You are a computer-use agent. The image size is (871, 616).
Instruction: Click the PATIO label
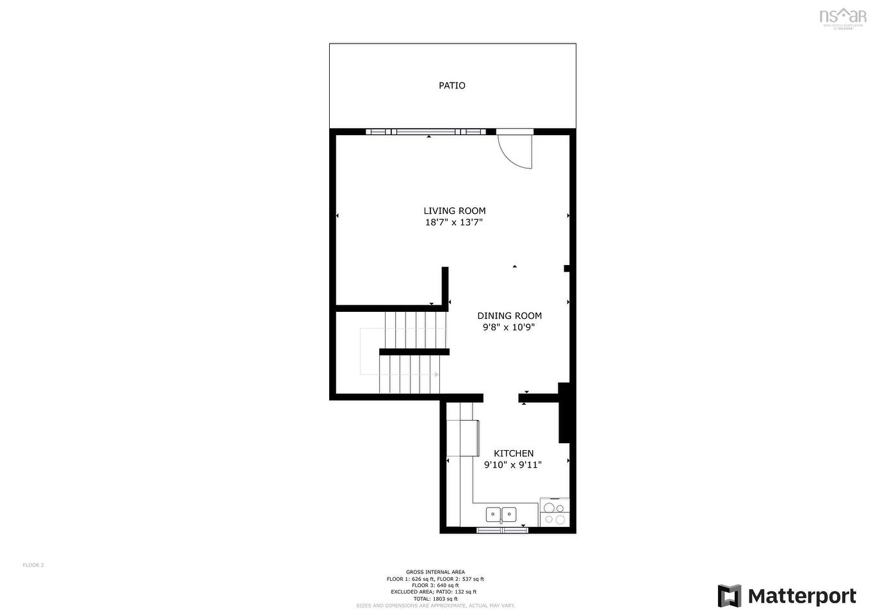pos(452,86)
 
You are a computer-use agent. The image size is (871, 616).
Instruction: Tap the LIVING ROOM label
pos(454,211)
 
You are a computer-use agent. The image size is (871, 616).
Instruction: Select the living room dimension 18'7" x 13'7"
pos(453,223)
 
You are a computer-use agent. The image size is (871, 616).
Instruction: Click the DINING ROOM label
pos(509,316)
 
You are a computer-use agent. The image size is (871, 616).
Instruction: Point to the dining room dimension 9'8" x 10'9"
pos(509,328)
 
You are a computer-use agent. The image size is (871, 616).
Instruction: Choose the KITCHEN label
pos(513,453)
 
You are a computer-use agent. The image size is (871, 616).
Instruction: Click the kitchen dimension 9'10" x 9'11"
pos(512,466)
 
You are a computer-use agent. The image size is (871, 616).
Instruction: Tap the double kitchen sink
pos(501,514)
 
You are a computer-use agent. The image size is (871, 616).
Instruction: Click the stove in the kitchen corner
pos(554,512)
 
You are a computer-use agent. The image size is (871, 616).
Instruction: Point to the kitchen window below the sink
pos(502,530)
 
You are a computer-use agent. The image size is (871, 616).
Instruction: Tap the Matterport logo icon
pos(729,596)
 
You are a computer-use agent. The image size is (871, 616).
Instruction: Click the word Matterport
pos(802,597)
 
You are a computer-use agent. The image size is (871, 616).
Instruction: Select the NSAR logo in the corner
pos(843,17)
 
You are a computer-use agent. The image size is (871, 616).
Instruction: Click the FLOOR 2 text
pos(33,565)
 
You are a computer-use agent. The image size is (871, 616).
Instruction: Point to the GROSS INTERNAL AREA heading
pos(435,572)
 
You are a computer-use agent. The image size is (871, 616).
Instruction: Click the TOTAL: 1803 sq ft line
pos(435,599)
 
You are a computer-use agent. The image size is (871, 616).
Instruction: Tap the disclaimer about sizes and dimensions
pos(435,606)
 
